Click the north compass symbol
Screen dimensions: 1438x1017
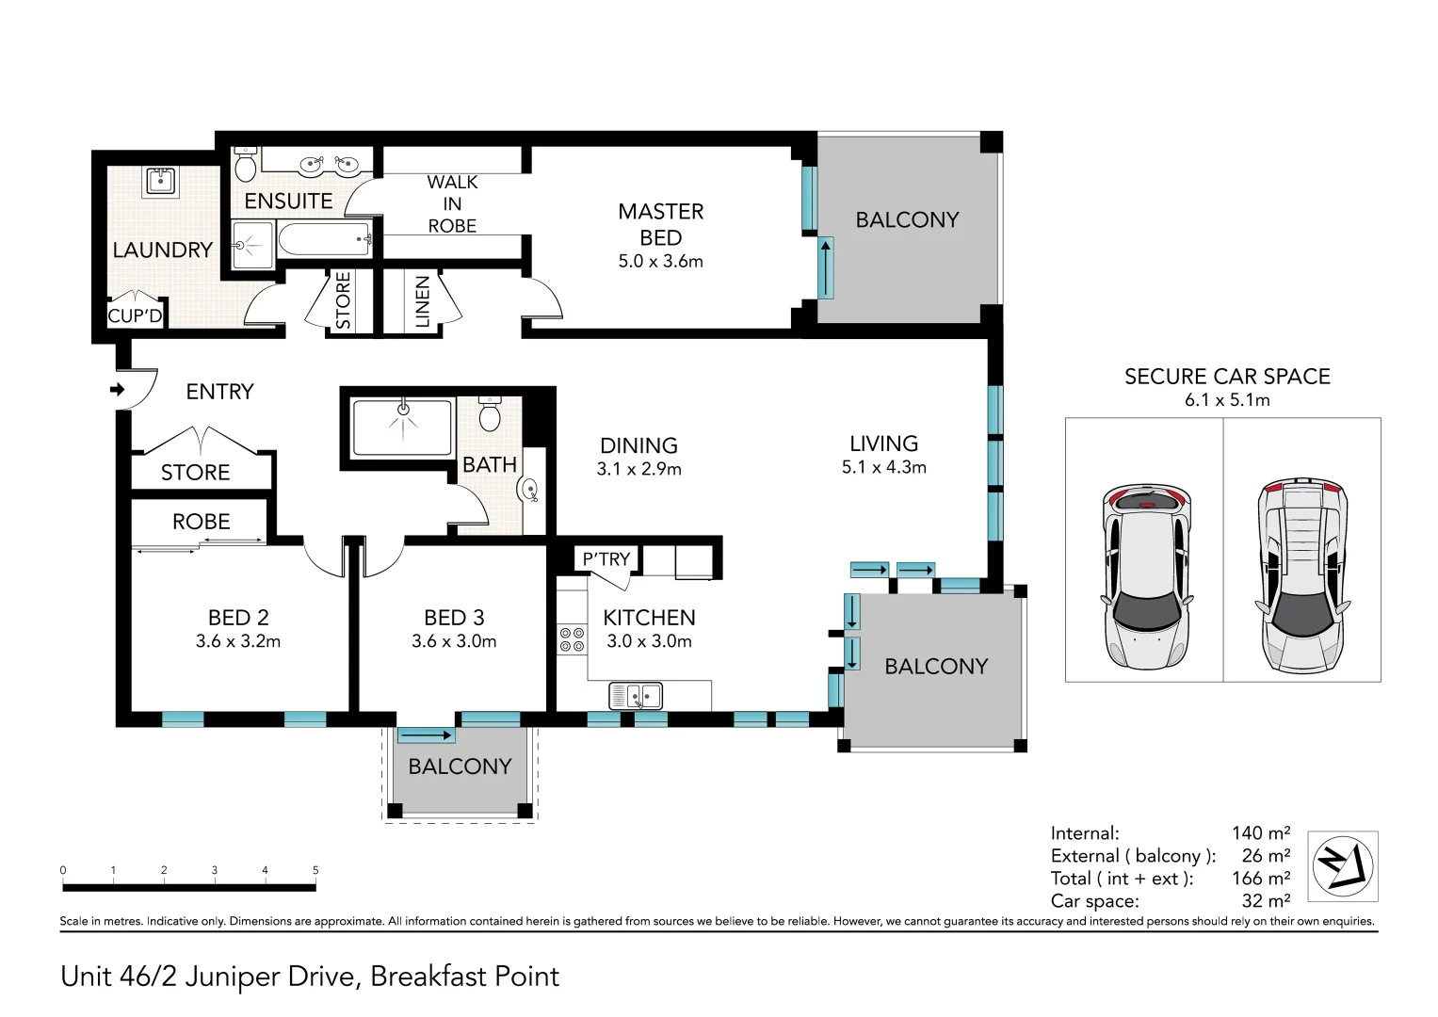(x=1342, y=865)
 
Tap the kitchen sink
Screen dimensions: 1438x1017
(x=636, y=696)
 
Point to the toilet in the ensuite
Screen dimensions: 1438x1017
(x=246, y=164)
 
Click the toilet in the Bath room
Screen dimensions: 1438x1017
(x=490, y=414)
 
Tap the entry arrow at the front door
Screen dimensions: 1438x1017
(x=117, y=389)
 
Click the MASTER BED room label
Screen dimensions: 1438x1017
(x=660, y=224)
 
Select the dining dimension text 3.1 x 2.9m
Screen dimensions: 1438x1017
(x=638, y=469)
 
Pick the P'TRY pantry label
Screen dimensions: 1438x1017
(x=606, y=559)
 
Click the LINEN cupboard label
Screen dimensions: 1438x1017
(x=422, y=301)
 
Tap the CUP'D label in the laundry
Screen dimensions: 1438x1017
(x=135, y=315)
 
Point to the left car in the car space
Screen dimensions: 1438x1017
(x=1147, y=577)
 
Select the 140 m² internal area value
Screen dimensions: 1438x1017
(x=1260, y=832)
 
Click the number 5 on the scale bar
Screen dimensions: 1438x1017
(x=315, y=870)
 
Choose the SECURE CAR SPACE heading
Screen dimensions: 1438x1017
(x=1227, y=377)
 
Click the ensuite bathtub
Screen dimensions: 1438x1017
(x=325, y=239)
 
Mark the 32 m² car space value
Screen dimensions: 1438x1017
(x=1266, y=900)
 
